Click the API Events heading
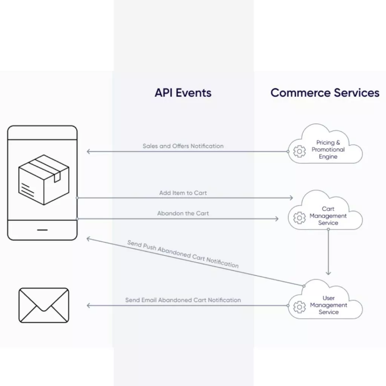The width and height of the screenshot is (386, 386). click(183, 93)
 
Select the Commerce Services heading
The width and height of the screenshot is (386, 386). click(325, 93)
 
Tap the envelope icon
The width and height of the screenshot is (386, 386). click(44, 305)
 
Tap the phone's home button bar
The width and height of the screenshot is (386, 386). click(42, 230)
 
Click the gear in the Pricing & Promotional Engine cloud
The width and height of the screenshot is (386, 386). click(299, 151)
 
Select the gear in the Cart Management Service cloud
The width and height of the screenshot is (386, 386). click(299, 218)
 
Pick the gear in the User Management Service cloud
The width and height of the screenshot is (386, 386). click(299, 307)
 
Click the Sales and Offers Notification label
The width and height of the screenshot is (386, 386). click(183, 146)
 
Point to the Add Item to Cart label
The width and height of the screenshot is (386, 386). click(183, 193)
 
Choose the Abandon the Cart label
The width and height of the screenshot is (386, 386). click(183, 213)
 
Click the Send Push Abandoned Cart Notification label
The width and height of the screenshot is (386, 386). click(183, 254)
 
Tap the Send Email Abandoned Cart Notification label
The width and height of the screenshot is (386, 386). click(183, 300)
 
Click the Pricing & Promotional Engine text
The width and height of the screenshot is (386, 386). click(328, 150)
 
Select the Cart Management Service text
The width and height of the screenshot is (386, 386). click(328, 216)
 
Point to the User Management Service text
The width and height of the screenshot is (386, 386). click(328, 305)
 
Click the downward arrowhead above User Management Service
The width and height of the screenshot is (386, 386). click(328, 273)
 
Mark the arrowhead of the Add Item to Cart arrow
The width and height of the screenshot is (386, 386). click(291, 198)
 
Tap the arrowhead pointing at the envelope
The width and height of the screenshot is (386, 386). click(89, 305)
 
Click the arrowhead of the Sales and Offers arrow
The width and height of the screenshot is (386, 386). click(89, 152)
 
